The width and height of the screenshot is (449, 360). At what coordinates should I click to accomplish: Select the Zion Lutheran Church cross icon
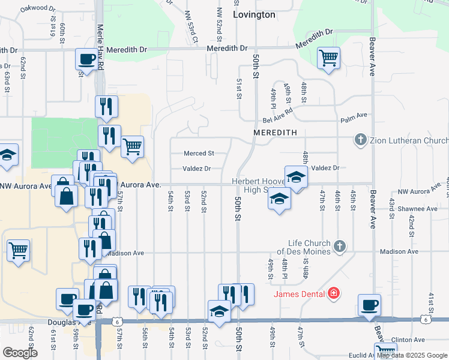tap(361, 140)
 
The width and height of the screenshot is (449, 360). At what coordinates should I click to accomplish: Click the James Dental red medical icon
tap(333, 293)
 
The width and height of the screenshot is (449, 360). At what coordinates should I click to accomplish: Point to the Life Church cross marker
tap(340, 246)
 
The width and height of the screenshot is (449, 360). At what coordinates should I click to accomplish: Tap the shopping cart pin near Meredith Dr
tap(328, 59)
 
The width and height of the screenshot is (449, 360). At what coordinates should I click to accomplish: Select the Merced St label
tap(199, 154)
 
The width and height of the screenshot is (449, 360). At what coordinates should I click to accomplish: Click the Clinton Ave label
tap(411, 340)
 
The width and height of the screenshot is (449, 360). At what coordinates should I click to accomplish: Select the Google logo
tap(20, 353)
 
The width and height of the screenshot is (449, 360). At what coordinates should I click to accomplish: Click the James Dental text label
tap(300, 293)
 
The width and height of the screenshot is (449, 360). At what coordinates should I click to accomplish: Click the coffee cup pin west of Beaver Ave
tap(369, 305)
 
